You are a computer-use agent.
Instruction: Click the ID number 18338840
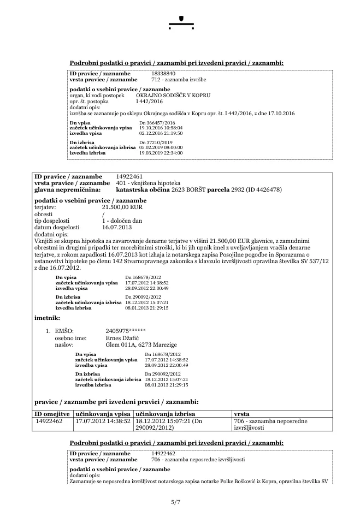pyautogui.click(x=163, y=72)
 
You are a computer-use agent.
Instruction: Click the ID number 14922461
pyautogui.click(x=129, y=177)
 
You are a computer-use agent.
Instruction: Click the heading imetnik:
pyautogui.click(x=47, y=317)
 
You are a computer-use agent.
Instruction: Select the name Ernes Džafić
pyautogui.click(x=122, y=338)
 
